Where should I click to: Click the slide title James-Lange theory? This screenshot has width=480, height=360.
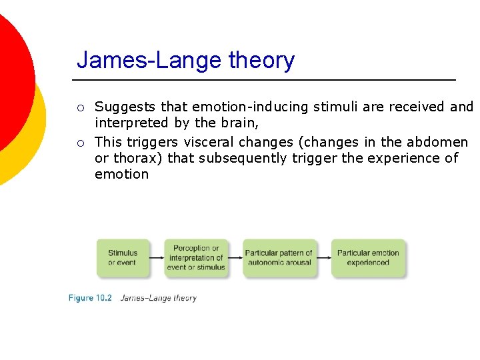click(x=185, y=60)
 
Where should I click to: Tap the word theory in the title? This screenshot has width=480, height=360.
click(x=261, y=60)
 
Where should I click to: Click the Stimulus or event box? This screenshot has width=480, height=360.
click(x=123, y=258)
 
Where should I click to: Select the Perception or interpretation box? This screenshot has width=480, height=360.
click(x=196, y=258)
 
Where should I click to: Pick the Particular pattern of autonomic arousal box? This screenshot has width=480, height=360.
click(x=279, y=258)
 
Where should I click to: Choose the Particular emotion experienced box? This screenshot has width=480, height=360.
click(x=368, y=258)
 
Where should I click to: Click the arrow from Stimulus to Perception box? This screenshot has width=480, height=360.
click(x=157, y=258)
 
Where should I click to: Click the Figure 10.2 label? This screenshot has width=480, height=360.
click(x=90, y=298)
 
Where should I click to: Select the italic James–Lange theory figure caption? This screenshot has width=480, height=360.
click(x=159, y=298)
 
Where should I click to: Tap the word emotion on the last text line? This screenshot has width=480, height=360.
click(x=121, y=174)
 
